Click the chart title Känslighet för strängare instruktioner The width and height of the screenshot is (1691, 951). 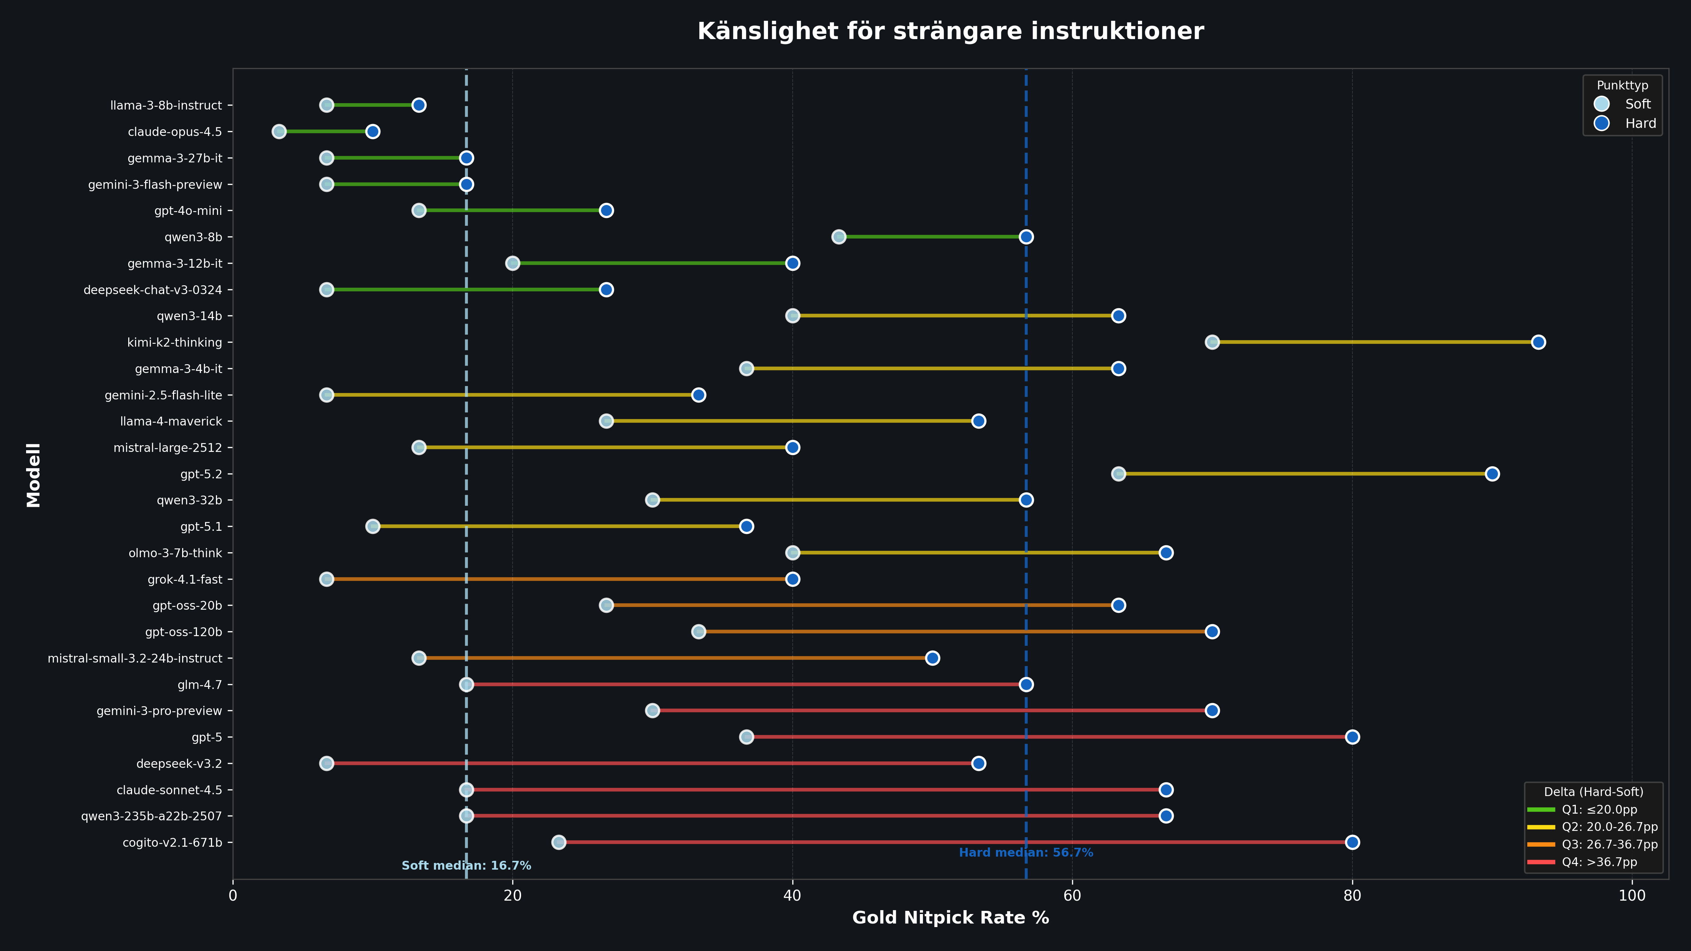[950, 31]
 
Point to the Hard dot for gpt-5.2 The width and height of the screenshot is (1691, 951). [1492, 474]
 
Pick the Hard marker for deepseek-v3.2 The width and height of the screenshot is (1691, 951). [978, 763]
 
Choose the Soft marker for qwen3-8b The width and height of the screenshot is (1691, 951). [838, 237]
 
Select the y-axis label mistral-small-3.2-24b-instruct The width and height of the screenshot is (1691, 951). [135, 658]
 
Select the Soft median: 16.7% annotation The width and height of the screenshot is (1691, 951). [466, 866]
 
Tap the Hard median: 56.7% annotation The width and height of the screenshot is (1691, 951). [1026, 852]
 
